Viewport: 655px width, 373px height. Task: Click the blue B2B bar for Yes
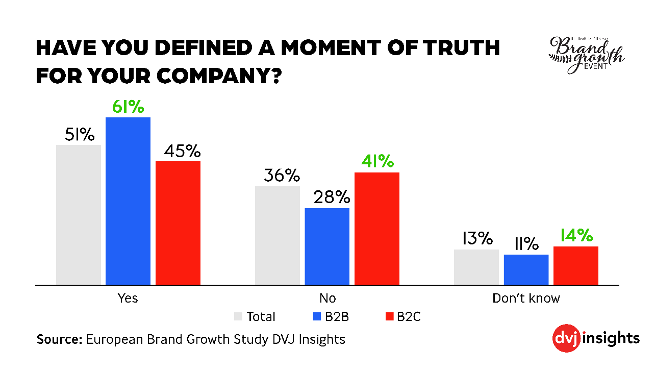point(128,201)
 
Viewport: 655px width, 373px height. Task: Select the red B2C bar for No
point(377,228)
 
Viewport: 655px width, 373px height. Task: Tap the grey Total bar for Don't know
point(476,267)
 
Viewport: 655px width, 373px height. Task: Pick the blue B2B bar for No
point(327,246)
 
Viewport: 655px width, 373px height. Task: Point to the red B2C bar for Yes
point(178,222)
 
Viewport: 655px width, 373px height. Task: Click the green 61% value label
point(128,108)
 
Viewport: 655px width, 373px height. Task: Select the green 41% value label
point(377,162)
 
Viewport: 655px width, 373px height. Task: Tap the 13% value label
point(477,239)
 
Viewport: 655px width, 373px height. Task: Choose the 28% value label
point(327,197)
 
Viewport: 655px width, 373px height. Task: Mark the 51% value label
point(80,135)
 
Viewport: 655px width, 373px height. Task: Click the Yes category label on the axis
point(128,298)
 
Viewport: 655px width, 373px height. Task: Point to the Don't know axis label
point(526,298)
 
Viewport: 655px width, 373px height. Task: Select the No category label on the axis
point(327,298)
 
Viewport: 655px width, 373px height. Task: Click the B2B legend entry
point(331,316)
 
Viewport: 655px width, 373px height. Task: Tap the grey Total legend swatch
point(238,316)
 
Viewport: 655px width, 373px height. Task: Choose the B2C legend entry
point(403,316)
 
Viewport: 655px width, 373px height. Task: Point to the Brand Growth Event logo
point(586,54)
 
